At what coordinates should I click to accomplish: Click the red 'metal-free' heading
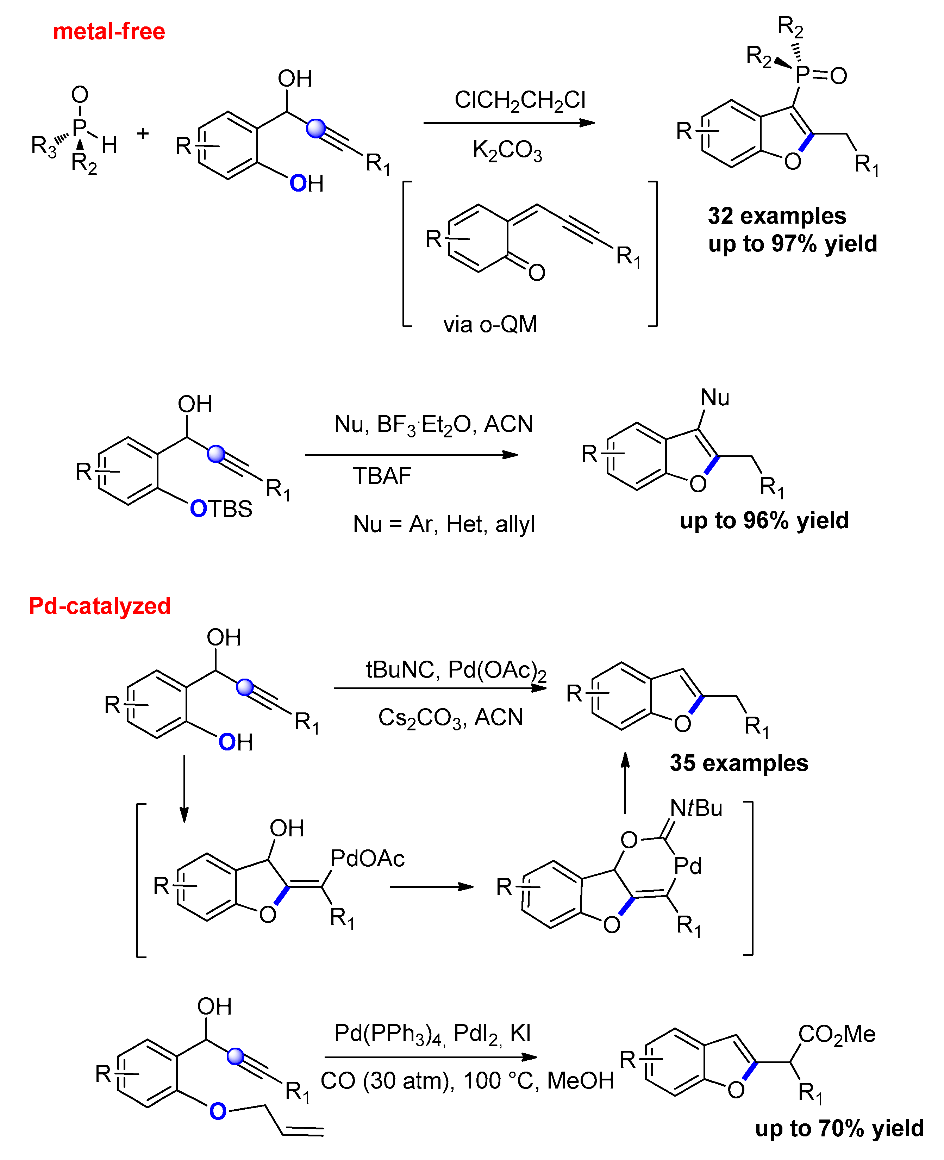click(x=109, y=32)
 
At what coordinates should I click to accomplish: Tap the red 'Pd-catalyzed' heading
click(x=100, y=606)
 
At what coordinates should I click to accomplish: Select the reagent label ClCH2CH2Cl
click(x=520, y=100)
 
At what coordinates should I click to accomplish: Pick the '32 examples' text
click(x=776, y=216)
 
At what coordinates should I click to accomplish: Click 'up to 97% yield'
click(x=792, y=244)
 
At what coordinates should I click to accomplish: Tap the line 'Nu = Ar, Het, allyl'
click(x=444, y=525)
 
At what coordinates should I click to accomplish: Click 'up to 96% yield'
click(x=764, y=520)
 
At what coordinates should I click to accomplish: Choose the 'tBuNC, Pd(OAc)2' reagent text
click(x=456, y=671)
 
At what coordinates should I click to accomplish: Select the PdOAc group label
click(x=368, y=858)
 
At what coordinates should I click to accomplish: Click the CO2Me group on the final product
click(x=836, y=1034)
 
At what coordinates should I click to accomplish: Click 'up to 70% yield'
click(x=839, y=1128)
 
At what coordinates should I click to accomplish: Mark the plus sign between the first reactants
click(x=143, y=133)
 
